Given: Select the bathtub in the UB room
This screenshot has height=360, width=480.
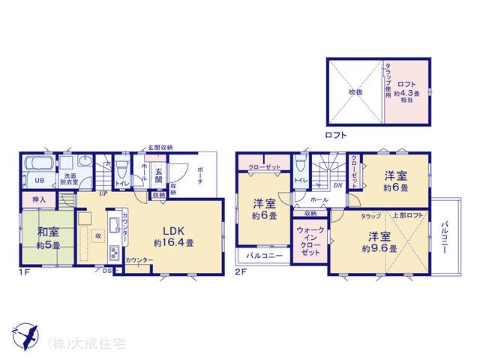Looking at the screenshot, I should pos(37,164).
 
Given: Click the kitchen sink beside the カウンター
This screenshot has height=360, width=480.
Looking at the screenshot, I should pos(113,225).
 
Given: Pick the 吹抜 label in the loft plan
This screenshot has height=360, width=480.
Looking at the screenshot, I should pos(355,91).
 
